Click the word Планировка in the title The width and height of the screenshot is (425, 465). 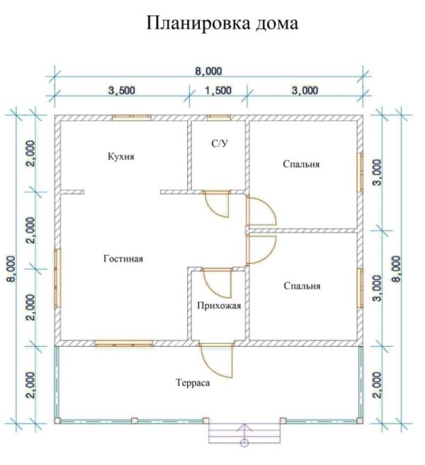tap(198, 23)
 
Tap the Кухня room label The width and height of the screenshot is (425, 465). tap(120, 156)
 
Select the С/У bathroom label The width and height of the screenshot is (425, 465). tap(220, 144)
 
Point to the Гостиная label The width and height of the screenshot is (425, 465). tap(123, 259)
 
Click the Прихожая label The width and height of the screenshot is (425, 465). tap(219, 306)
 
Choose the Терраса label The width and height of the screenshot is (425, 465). tap(193, 383)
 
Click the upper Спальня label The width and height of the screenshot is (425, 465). tap(301, 164)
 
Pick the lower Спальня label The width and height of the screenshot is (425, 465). tap(302, 286)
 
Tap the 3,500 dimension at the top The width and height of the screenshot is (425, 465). tap(122, 91)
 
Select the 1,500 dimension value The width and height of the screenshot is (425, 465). tap(218, 91)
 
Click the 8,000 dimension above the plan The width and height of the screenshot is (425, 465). tap(208, 72)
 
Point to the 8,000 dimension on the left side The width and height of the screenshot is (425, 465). tap(13, 269)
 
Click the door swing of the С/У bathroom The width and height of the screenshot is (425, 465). tap(217, 205)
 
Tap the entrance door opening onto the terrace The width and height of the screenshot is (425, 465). tap(217, 360)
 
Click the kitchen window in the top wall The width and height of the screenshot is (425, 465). tap(132, 118)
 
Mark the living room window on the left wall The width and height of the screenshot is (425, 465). tap(57, 278)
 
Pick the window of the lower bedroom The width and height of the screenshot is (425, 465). tap(360, 288)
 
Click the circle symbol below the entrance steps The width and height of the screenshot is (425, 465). tap(244, 443)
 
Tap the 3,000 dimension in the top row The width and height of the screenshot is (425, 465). tap(305, 91)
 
